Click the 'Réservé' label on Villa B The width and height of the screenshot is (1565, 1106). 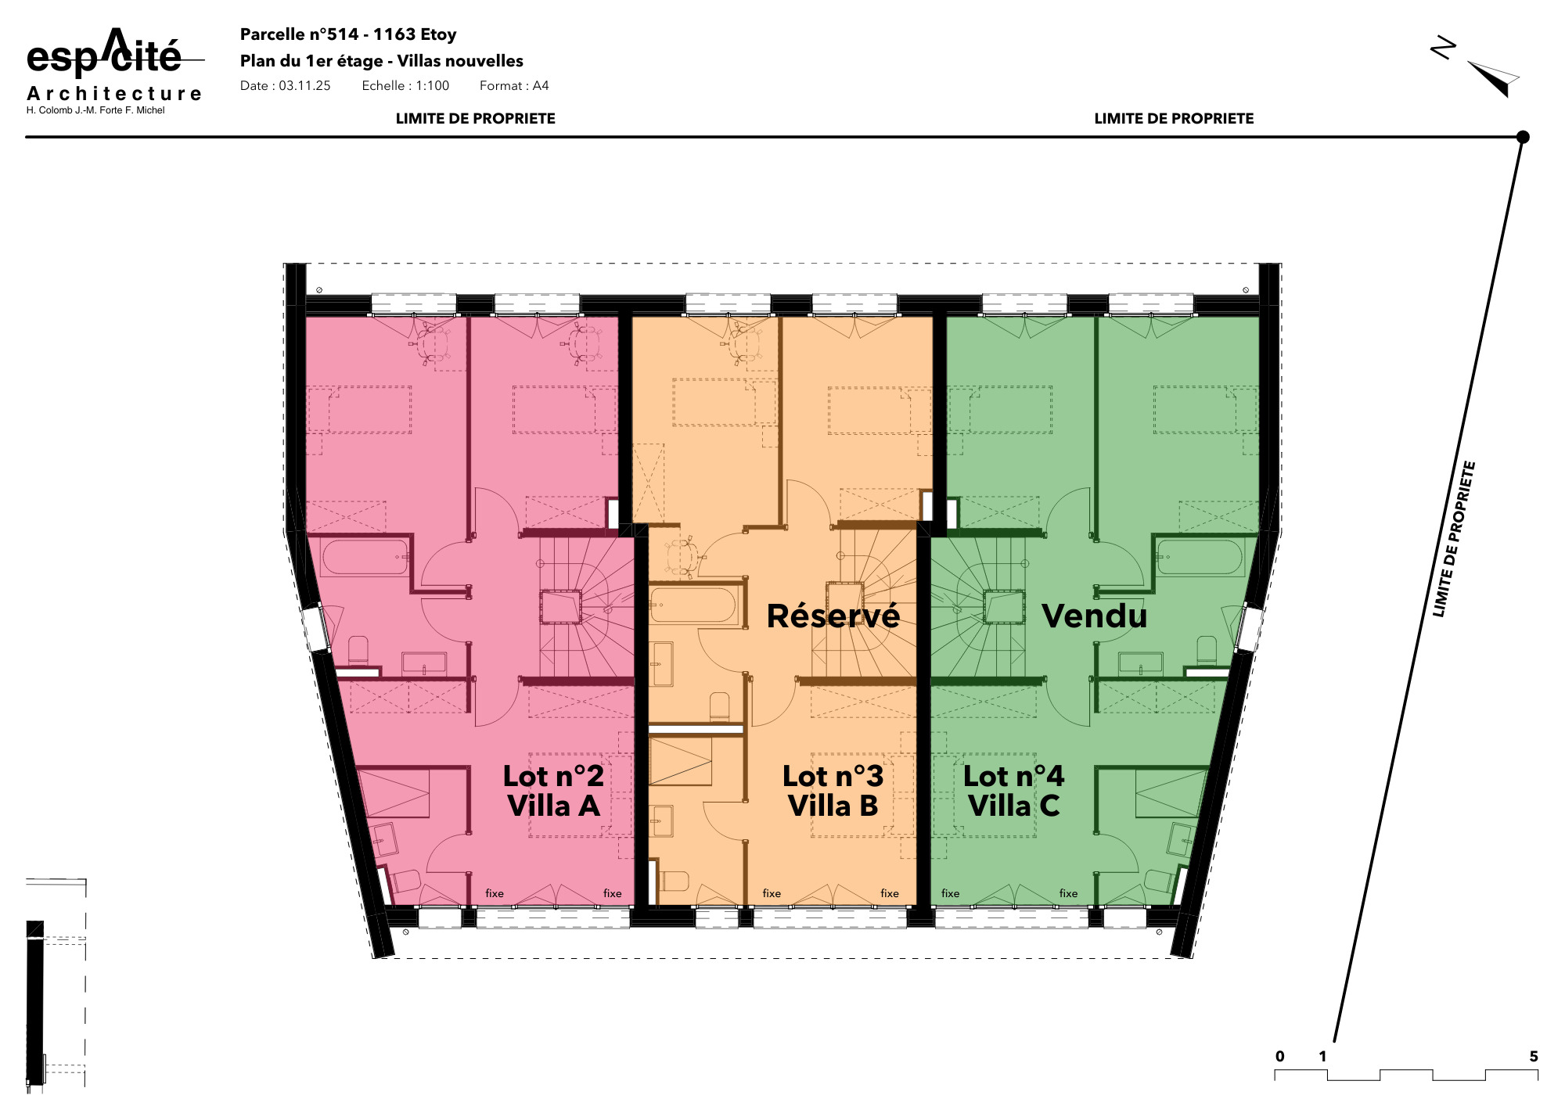coord(833,616)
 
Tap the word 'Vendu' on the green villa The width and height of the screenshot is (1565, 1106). coord(1094,616)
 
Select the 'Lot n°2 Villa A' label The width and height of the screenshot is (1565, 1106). coord(553,791)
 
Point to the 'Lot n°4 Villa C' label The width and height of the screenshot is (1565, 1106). coord(1013,791)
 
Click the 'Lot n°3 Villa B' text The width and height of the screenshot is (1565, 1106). coord(833,791)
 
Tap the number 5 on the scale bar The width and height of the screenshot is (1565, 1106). coord(1534,1057)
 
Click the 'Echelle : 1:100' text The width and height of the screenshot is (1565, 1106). coord(405,86)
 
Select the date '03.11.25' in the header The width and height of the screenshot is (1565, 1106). coord(304,86)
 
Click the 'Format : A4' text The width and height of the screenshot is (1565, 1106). coord(514,86)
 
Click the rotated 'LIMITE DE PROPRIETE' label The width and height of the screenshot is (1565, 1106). coord(1454,540)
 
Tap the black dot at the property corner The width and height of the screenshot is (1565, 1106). coord(1523,137)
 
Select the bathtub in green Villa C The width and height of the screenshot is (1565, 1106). coord(1200,556)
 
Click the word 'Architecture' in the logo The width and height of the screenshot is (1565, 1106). coord(115,94)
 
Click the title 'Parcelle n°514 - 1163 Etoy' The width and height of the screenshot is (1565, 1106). coord(348,34)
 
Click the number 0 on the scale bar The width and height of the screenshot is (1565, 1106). coord(1279,1057)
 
